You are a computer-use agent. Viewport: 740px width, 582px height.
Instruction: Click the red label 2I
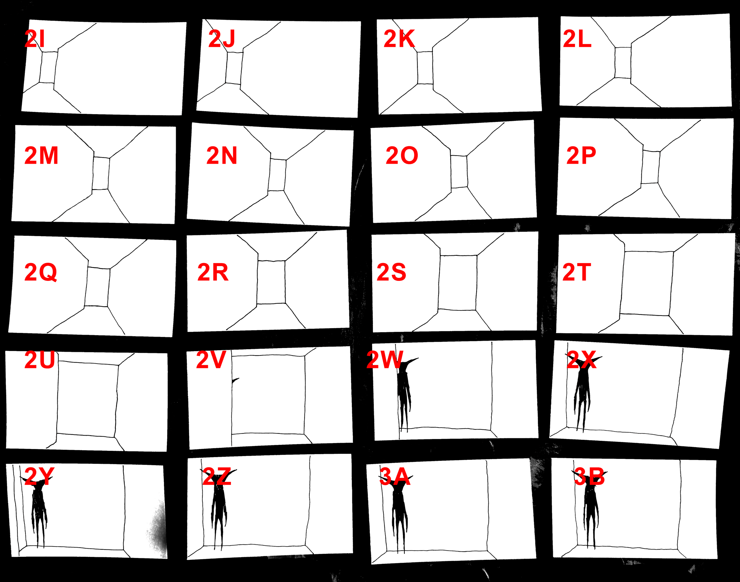35,38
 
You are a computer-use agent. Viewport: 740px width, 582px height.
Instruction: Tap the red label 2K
399,38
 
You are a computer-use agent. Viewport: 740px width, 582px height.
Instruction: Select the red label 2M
41,155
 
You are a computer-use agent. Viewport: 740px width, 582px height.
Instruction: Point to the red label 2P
581,155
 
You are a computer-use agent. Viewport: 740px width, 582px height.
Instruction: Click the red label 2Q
41,272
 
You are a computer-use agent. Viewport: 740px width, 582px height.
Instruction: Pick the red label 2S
391,272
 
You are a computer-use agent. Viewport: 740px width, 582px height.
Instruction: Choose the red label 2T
577,272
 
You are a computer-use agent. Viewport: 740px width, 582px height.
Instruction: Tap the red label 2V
211,360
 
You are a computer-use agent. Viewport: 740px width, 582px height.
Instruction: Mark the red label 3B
589,477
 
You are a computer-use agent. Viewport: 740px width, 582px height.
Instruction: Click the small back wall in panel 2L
623,62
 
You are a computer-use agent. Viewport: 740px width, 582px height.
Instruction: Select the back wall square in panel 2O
459,171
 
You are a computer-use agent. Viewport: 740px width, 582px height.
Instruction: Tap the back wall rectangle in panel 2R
271,282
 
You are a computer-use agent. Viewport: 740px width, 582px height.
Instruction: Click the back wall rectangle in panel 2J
234,68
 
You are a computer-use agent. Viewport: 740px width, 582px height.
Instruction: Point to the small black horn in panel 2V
235,380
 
